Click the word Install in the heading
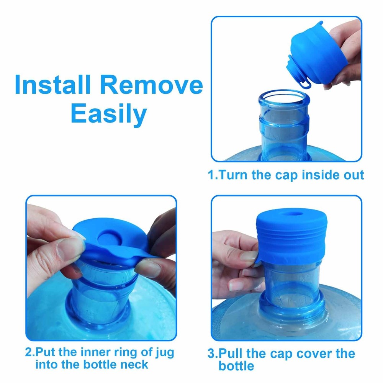pyautogui.click(x=53, y=85)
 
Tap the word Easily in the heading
pyautogui.click(x=109, y=114)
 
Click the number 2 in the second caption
pyautogui.click(x=29, y=352)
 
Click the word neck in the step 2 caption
pyautogui.click(x=133, y=365)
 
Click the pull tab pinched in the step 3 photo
pyautogui.click(x=257, y=260)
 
